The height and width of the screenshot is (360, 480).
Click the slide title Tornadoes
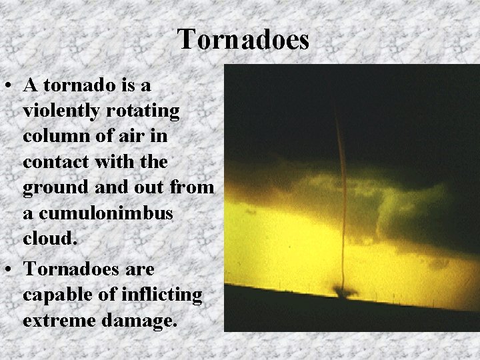tap(243, 39)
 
